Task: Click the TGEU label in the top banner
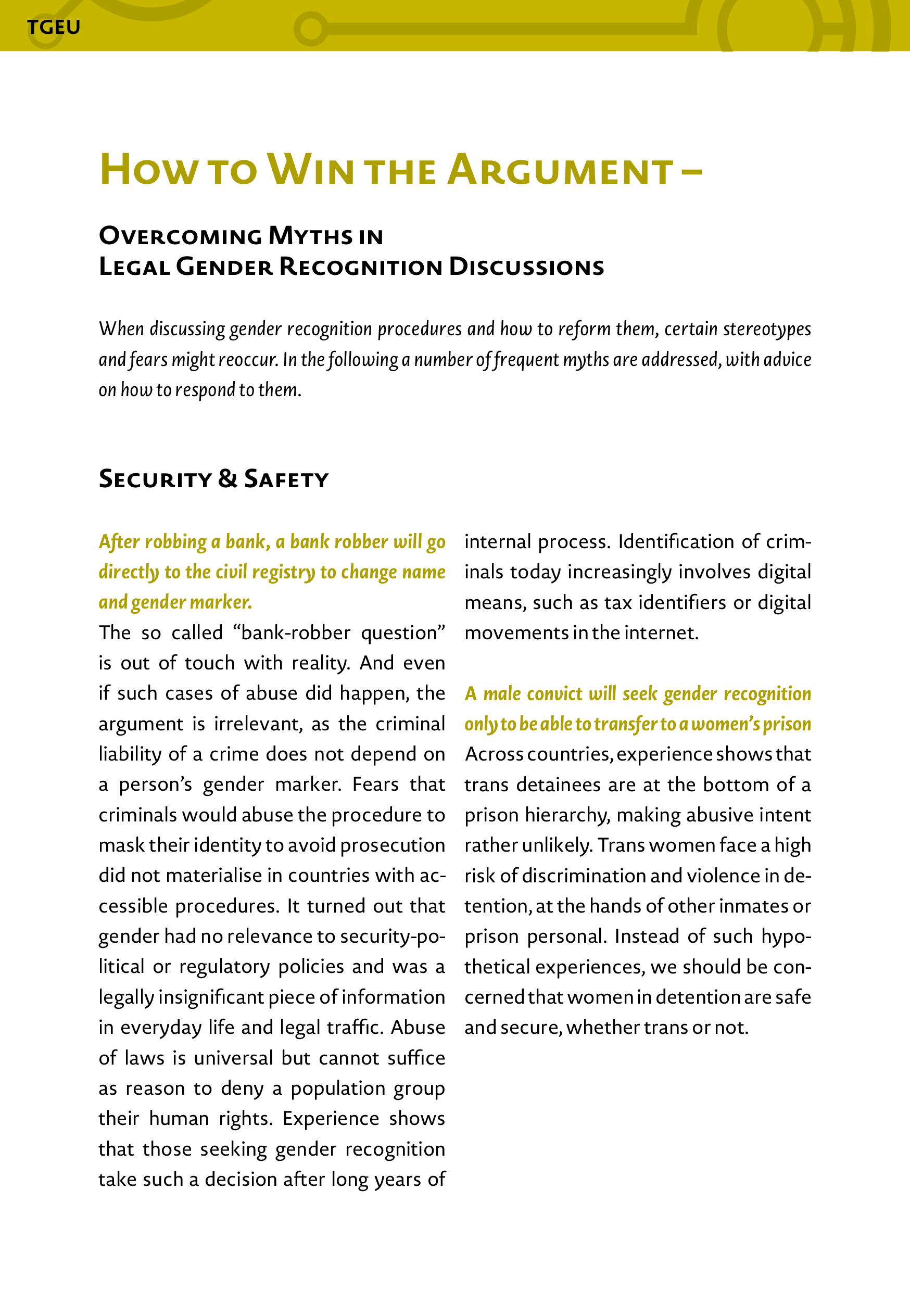pyautogui.click(x=54, y=27)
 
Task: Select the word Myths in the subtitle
pyautogui.click(x=310, y=236)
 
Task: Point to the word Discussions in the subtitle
pyautogui.click(x=526, y=267)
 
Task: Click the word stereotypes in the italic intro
pyautogui.click(x=767, y=329)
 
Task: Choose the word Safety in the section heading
pyautogui.click(x=286, y=479)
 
